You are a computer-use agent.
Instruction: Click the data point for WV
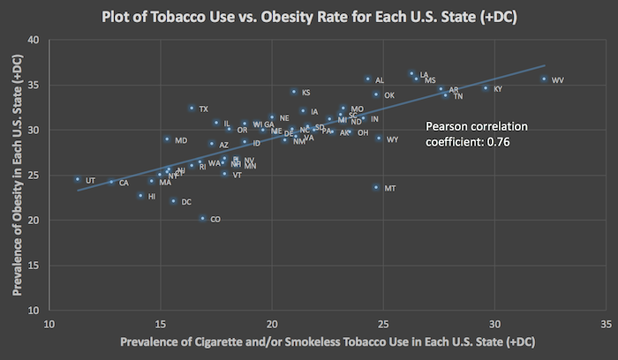tap(544, 79)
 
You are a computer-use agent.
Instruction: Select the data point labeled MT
tap(376, 187)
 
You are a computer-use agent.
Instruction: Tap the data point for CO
tap(202, 218)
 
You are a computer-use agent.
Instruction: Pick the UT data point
tap(78, 179)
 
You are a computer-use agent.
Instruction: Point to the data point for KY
tap(485, 88)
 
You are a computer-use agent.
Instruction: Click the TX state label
tap(204, 109)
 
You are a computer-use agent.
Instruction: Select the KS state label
tap(306, 93)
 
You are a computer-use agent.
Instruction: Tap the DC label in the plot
tap(186, 202)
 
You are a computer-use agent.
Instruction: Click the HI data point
tap(140, 196)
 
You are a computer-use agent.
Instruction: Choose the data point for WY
tap(379, 139)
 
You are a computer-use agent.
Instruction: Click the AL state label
tap(380, 80)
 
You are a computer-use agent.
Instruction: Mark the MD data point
tap(167, 139)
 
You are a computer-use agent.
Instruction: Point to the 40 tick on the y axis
tap(33, 40)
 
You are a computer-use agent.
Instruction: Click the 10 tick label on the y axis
tap(33, 311)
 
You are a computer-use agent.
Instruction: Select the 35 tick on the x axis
tap(607, 323)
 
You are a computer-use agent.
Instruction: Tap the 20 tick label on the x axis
tap(272, 323)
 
